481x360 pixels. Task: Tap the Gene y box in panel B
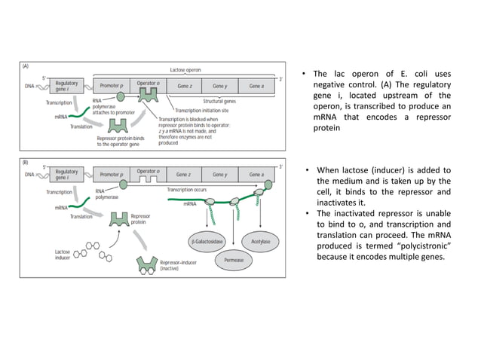click(x=220, y=174)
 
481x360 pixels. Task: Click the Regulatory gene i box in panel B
click(x=67, y=174)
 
